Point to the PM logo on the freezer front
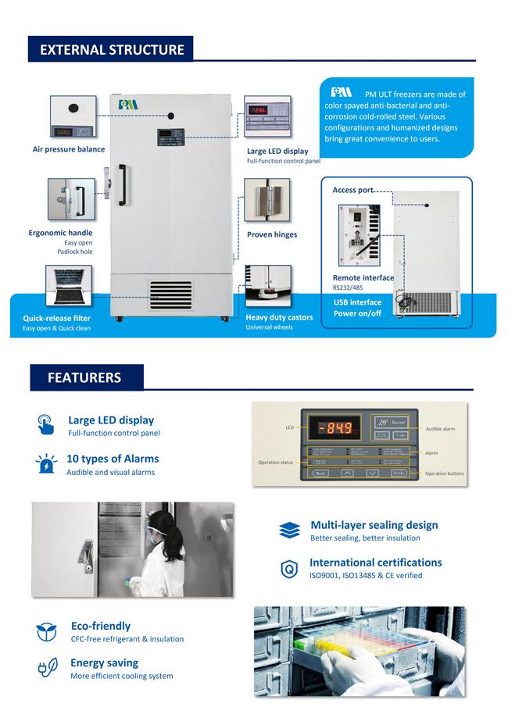127,102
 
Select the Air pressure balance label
69,149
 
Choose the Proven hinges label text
272,234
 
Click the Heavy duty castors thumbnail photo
267,287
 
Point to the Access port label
352,190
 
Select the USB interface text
357,302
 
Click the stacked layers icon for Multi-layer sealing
289,530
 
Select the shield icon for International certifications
288,570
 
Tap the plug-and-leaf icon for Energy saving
46,669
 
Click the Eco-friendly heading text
101,626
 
